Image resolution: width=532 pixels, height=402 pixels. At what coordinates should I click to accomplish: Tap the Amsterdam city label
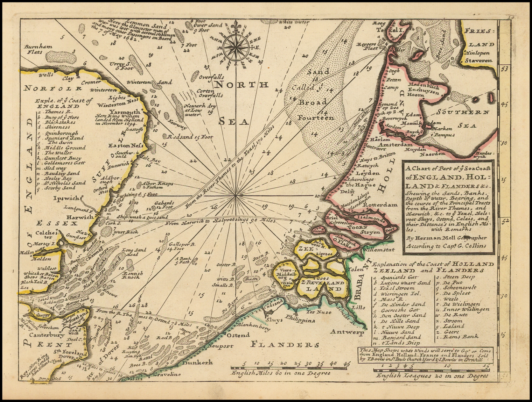(x=396, y=144)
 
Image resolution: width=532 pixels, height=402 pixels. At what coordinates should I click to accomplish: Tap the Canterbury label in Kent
(x=42, y=335)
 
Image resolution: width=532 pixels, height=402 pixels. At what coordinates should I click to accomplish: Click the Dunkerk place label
(x=198, y=362)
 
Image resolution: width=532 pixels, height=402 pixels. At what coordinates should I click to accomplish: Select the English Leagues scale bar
(x=432, y=370)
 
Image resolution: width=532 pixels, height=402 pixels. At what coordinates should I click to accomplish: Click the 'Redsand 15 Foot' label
(x=190, y=137)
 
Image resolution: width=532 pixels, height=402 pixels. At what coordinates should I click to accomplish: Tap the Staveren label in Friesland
(x=478, y=60)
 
